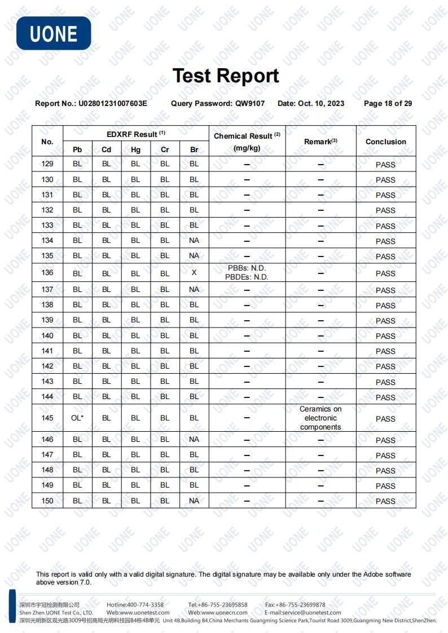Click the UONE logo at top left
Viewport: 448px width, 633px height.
tap(54, 33)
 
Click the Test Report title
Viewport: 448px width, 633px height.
tap(225, 76)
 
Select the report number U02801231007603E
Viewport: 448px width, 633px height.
tap(113, 104)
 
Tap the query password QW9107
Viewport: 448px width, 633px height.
tap(250, 104)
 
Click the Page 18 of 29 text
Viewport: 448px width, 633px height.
tap(388, 104)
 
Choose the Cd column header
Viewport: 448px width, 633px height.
tap(106, 149)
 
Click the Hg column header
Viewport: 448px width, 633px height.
tap(135, 149)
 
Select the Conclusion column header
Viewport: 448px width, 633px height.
tap(385, 141)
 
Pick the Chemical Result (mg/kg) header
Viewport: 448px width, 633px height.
tap(247, 141)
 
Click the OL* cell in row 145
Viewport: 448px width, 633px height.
tap(77, 418)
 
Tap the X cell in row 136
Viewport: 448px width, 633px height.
tap(194, 273)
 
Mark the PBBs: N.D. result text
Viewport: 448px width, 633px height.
tap(247, 268)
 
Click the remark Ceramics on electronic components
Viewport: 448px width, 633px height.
tap(320, 418)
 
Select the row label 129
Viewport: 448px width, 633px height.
tap(47, 164)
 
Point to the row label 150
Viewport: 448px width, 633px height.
tap(47, 501)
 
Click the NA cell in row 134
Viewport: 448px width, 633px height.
tap(194, 240)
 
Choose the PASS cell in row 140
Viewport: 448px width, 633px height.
tap(385, 336)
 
